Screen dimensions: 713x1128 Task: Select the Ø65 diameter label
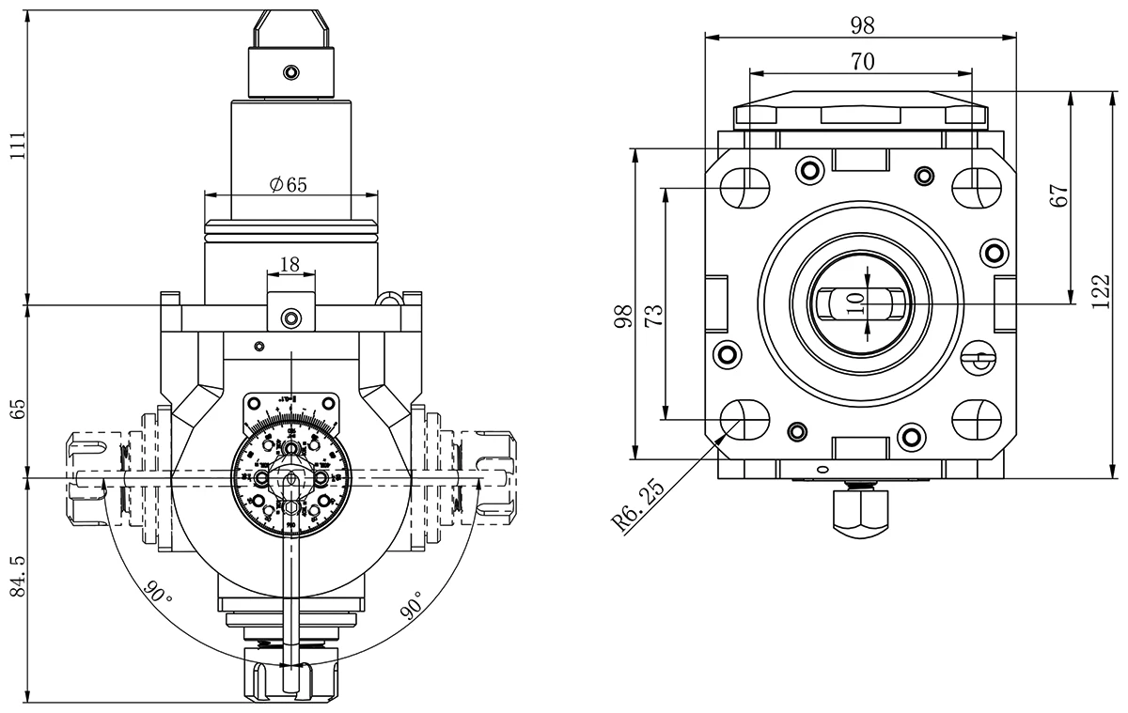click(288, 185)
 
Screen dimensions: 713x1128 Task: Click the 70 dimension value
click(862, 62)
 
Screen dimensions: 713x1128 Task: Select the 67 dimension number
click(1060, 196)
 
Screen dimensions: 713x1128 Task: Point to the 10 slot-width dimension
click(855, 302)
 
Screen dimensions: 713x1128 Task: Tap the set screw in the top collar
click(292, 72)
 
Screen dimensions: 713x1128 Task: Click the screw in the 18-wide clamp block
click(291, 318)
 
